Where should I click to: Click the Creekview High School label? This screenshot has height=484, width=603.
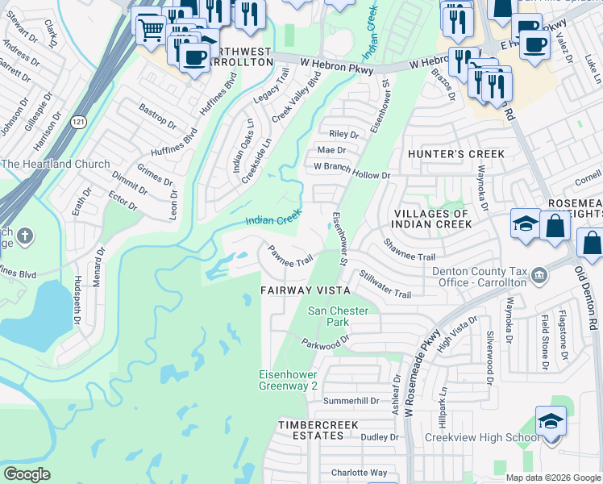coord(494,437)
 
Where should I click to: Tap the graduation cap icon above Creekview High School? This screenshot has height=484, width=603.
coord(551,421)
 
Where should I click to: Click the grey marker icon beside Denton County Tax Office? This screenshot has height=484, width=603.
coord(539,276)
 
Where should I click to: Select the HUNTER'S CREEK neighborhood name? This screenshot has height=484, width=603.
coord(455,153)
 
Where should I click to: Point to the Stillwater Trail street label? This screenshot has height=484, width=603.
coord(385,284)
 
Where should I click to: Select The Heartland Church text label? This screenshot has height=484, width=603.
coord(56,165)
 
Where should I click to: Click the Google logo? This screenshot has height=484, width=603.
coord(27,474)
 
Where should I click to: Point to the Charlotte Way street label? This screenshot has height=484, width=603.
coord(360,473)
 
